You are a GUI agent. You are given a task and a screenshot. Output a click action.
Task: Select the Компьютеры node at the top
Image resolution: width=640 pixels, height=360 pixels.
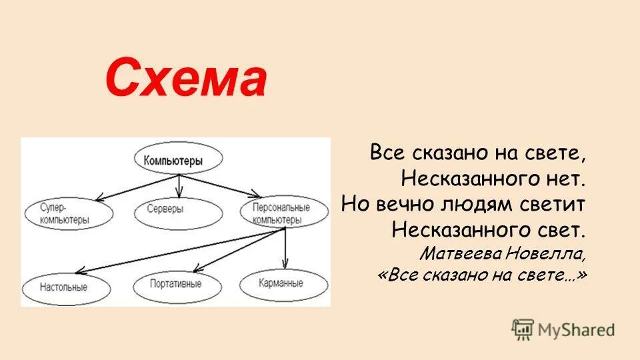click(178, 161)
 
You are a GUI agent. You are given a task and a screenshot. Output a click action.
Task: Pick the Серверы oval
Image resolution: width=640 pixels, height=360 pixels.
click(178, 210)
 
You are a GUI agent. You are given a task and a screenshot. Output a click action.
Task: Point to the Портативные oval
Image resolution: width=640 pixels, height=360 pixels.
click(177, 286)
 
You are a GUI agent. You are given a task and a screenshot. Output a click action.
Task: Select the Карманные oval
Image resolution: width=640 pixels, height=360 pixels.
click(283, 283)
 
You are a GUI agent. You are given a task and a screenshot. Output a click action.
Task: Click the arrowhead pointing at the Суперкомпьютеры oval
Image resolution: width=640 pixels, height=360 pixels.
click(98, 198)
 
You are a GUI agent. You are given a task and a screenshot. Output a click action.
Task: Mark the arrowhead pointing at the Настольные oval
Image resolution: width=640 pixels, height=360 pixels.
click(79, 271)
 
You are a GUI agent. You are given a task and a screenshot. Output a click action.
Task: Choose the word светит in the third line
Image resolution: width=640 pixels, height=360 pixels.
click(551, 203)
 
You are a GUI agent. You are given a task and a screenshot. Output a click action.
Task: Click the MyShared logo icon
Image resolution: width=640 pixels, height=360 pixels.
click(523, 329)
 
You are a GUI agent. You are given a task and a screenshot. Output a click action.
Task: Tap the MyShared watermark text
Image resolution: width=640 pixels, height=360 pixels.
click(577, 329)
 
